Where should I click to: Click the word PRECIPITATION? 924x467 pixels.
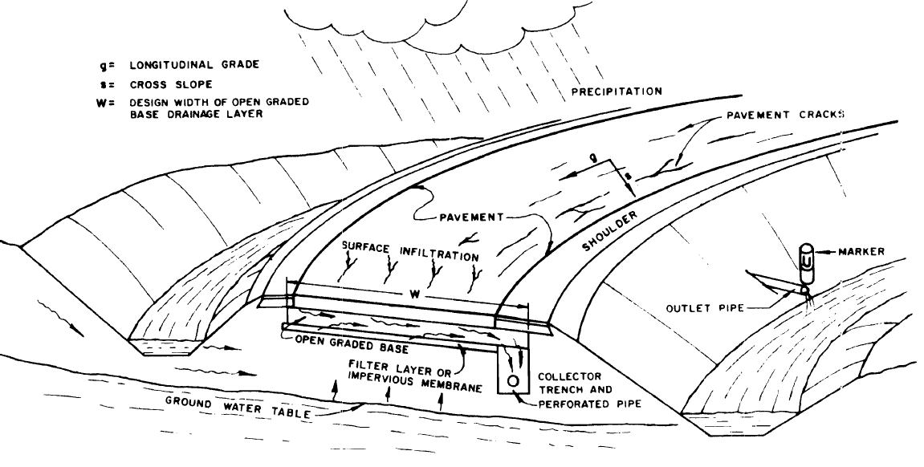[617, 91]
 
